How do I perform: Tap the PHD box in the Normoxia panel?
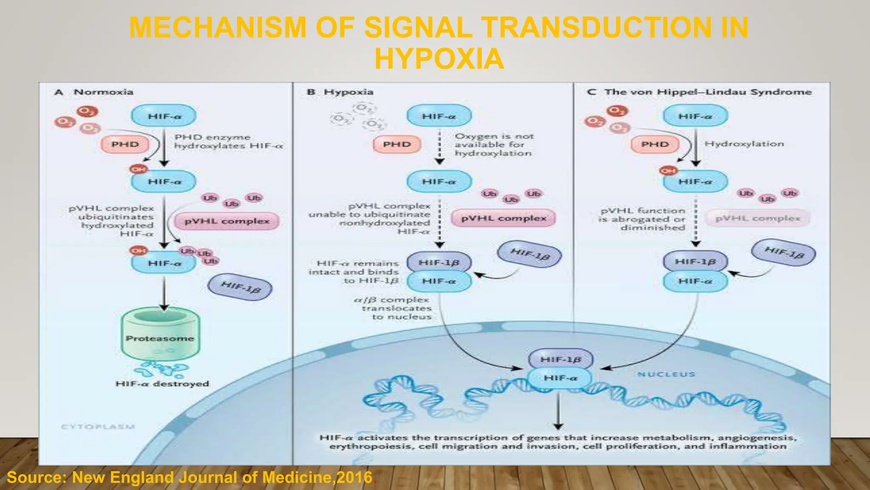(x=125, y=145)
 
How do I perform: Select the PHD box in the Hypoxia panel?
(x=397, y=145)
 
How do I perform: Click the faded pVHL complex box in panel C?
(x=757, y=219)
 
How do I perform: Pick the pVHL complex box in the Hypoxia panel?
(x=503, y=218)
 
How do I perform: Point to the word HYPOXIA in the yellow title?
(x=439, y=59)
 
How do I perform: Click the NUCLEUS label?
(x=666, y=374)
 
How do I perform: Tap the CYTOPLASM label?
(x=98, y=427)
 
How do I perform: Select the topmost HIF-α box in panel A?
(x=164, y=116)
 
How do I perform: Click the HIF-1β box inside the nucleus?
(x=560, y=359)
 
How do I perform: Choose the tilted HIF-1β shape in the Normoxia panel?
(x=240, y=287)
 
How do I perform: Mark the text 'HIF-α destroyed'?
(x=162, y=384)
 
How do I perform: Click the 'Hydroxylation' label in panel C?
(x=744, y=144)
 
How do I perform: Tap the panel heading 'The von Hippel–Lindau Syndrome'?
(x=708, y=92)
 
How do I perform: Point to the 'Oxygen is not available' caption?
(x=494, y=145)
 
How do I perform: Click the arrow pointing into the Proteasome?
(x=164, y=293)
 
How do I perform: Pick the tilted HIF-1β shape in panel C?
(x=783, y=253)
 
